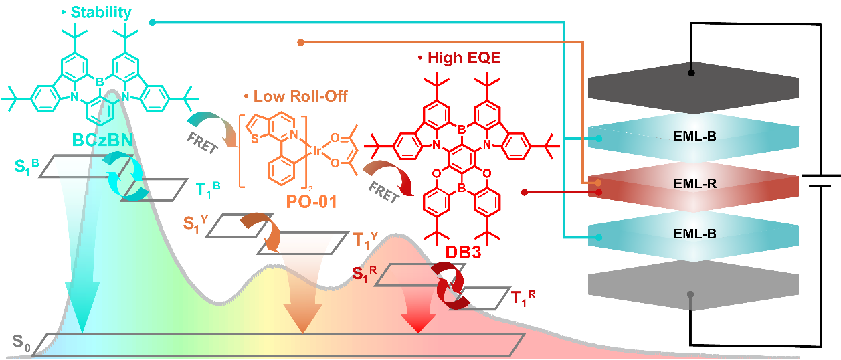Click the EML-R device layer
click(693, 181)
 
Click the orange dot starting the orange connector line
click(300, 43)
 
